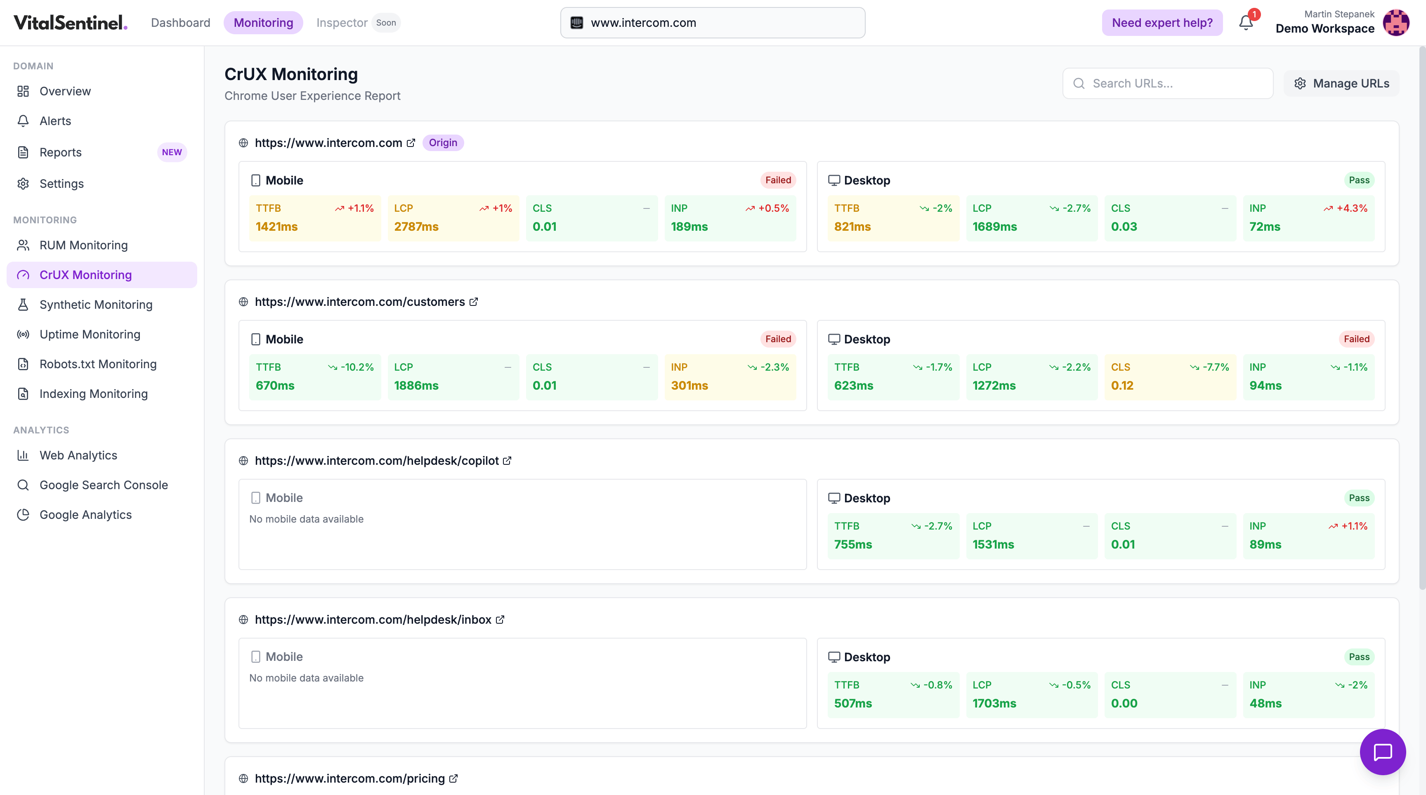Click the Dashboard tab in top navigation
pos(180,23)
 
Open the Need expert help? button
pos(1162,23)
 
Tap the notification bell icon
pos(1246,23)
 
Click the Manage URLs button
pos(1341,84)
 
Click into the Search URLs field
pos(1168,84)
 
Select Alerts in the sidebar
pos(55,121)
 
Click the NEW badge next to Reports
pos(172,152)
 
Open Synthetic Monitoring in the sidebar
pos(96,305)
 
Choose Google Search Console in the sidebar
pos(104,485)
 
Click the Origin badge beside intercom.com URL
pos(443,143)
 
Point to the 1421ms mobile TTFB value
pos(277,227)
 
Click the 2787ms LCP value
pos(416,227)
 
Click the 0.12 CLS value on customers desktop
pos(1122,385)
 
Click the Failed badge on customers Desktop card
pos(1356,339)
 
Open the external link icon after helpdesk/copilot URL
pos(507,461)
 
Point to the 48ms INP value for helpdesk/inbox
pos(1265,703)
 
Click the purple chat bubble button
pos(1382,752)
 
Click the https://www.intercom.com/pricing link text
pos(350,778)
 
